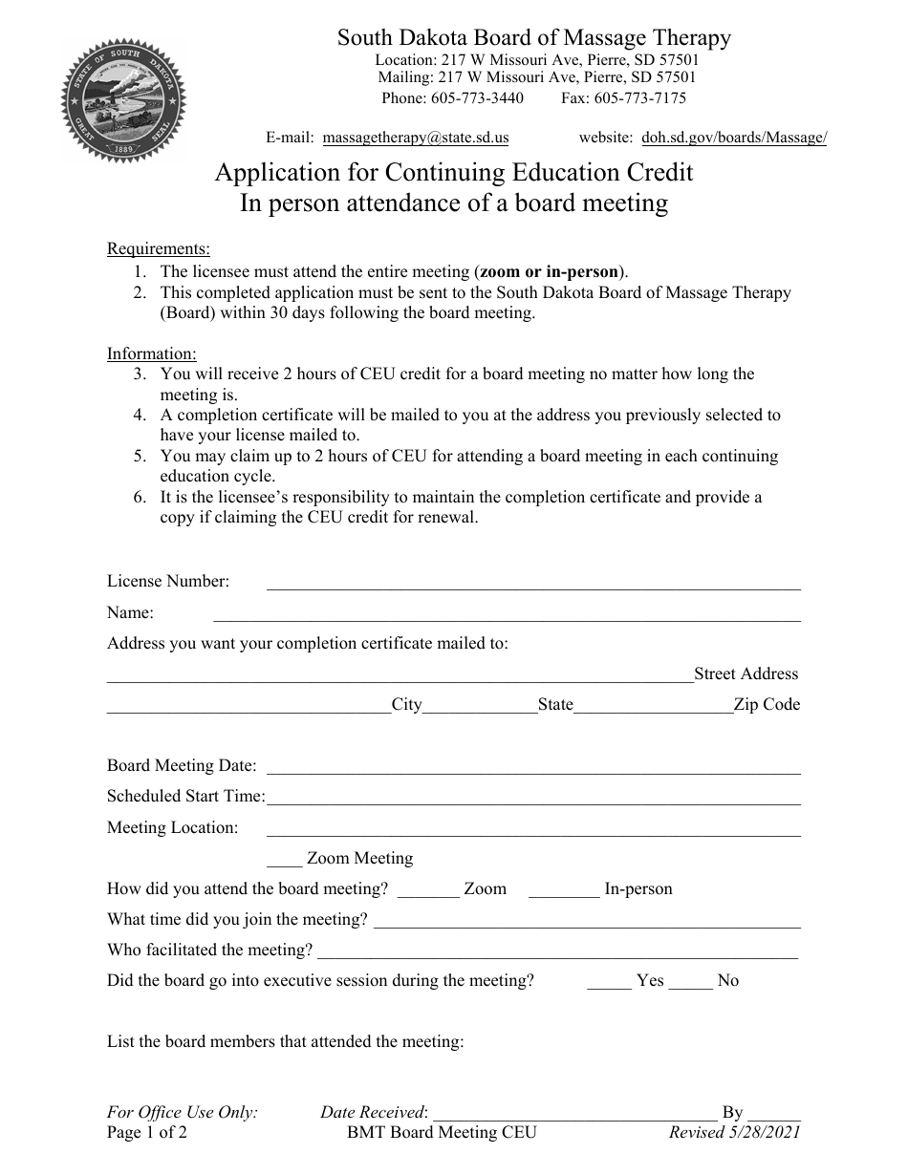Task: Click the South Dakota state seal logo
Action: tap(124, 101)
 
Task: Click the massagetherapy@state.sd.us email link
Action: tap(416, 138)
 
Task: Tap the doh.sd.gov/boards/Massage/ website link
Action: tap(734, 138)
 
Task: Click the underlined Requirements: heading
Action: tap(159, 249)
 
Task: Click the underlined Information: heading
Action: tap(152, 353)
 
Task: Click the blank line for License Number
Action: tap(533, 587)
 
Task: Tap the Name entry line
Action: tap(507, 617)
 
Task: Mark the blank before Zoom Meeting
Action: tap(284, 863)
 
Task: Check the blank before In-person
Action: tap(563, 893)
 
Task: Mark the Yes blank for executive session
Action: tap(609, 985)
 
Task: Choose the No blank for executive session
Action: tap(690, 985)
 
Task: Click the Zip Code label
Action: tap(767, 705)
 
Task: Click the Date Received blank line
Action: tap(574, 1116)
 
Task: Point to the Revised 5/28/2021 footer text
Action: tap(735, 1133)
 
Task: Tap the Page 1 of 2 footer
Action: tap(147, 1133)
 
